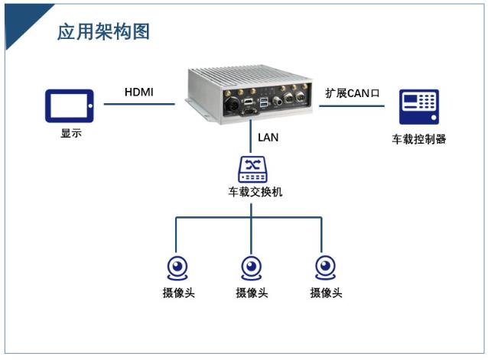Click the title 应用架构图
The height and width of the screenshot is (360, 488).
click(x=103, y=31)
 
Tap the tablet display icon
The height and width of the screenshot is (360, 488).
click(x=70, y=106)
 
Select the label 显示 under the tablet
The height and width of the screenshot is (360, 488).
click(x=71, y=133)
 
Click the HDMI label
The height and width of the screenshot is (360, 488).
click(x=138, y=92)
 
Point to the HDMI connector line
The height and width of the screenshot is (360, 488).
click(x=139, y=104)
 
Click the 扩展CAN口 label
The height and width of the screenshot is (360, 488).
click(x=353, y=93)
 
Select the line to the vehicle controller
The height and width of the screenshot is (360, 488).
click(x=352, y=106)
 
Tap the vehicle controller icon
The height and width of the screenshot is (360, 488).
click(x=419, y=107)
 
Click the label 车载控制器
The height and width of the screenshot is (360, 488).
click(x=419, y=139)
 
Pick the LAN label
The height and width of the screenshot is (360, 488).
click(x=268, y=138)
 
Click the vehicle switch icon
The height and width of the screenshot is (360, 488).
click(x=252, y=170)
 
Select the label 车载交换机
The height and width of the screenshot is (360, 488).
click(x=255, y=192)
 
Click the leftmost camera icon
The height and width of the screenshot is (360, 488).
click(x=177, y=268)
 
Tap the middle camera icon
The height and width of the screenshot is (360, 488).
click(x=252, y=268)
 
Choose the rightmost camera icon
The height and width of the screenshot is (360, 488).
click(x=326, y=268)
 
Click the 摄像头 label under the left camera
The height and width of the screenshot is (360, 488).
click(x=179, y=293)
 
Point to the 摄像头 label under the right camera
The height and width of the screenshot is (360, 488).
click(x=326, y=293)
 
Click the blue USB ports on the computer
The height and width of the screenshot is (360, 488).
click(x=264, y=102)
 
